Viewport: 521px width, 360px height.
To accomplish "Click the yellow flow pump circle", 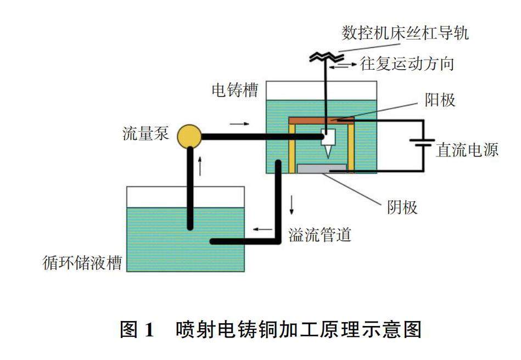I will tap(190, 136).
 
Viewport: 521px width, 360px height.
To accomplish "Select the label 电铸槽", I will tap(235, 90).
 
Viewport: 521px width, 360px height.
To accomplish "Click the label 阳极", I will tap(440, 101).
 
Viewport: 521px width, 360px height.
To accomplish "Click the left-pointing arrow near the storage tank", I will tap(262, 229).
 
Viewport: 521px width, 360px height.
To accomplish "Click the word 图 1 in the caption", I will tap(138, 330).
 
